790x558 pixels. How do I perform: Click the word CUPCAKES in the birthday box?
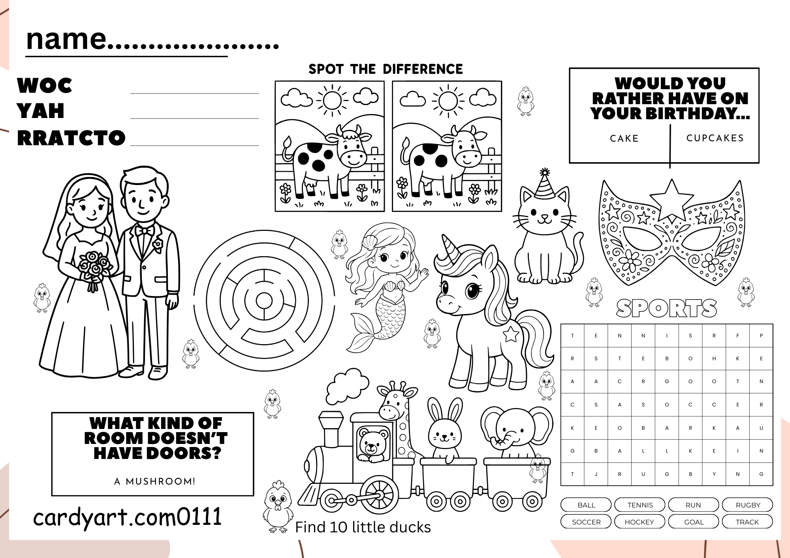[715, 138]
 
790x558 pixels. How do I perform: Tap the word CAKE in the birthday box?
[624, 139]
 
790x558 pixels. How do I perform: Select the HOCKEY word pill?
[640, 522]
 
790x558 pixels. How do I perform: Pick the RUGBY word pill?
[747, 505]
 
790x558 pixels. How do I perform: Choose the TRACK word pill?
[747, 522]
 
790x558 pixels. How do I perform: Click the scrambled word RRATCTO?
[71, 138]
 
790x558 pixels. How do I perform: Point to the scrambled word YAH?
[40, 111]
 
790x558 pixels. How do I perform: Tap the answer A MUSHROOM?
[155, 481]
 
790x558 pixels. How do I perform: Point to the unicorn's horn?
[449, 249]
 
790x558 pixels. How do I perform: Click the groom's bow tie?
[145, 230]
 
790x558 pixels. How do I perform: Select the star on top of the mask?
[671, 197]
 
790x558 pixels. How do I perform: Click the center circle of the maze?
[264, 301]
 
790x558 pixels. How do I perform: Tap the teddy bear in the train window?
[371, 445]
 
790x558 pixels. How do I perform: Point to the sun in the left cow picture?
[332, 100]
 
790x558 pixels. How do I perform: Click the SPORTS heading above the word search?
[666, 308]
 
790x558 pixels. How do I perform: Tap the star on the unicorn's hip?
[511, 334]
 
